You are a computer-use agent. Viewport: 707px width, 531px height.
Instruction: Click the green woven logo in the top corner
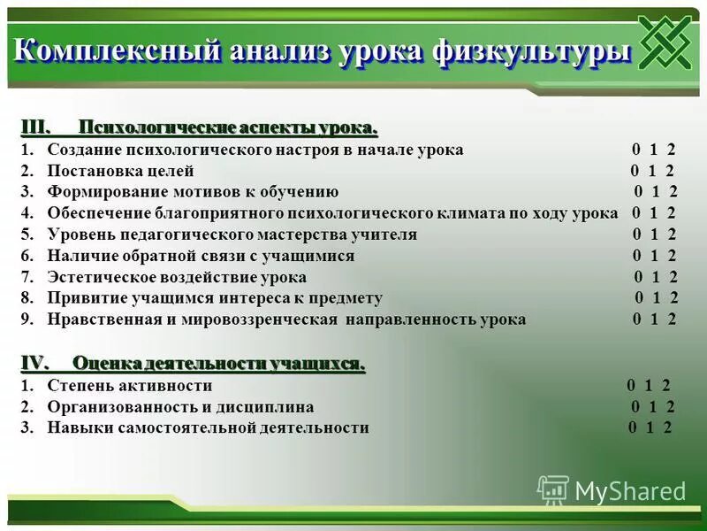tap(665, 43)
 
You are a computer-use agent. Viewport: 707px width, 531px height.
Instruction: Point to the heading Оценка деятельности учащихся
tap(218, 363)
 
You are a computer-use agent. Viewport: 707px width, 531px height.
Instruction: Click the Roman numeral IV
tap(36, 363)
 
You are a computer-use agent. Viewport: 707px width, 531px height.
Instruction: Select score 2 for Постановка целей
tap(670, 171)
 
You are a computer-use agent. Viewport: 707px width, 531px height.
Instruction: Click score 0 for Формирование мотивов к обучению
tap(638, 192)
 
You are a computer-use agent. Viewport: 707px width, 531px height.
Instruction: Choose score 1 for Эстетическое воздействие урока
tap(656, 277)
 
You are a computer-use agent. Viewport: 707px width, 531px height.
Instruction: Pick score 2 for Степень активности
tap(665, 385)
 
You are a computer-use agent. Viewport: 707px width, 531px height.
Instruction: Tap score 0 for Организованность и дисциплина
tap(635, 407)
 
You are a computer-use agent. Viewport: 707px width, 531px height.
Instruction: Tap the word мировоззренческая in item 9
tap(263, 319)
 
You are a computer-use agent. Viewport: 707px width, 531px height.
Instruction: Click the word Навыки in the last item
tap(75, 427)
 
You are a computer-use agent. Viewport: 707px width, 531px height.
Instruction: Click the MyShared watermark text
tap(630, 491)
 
